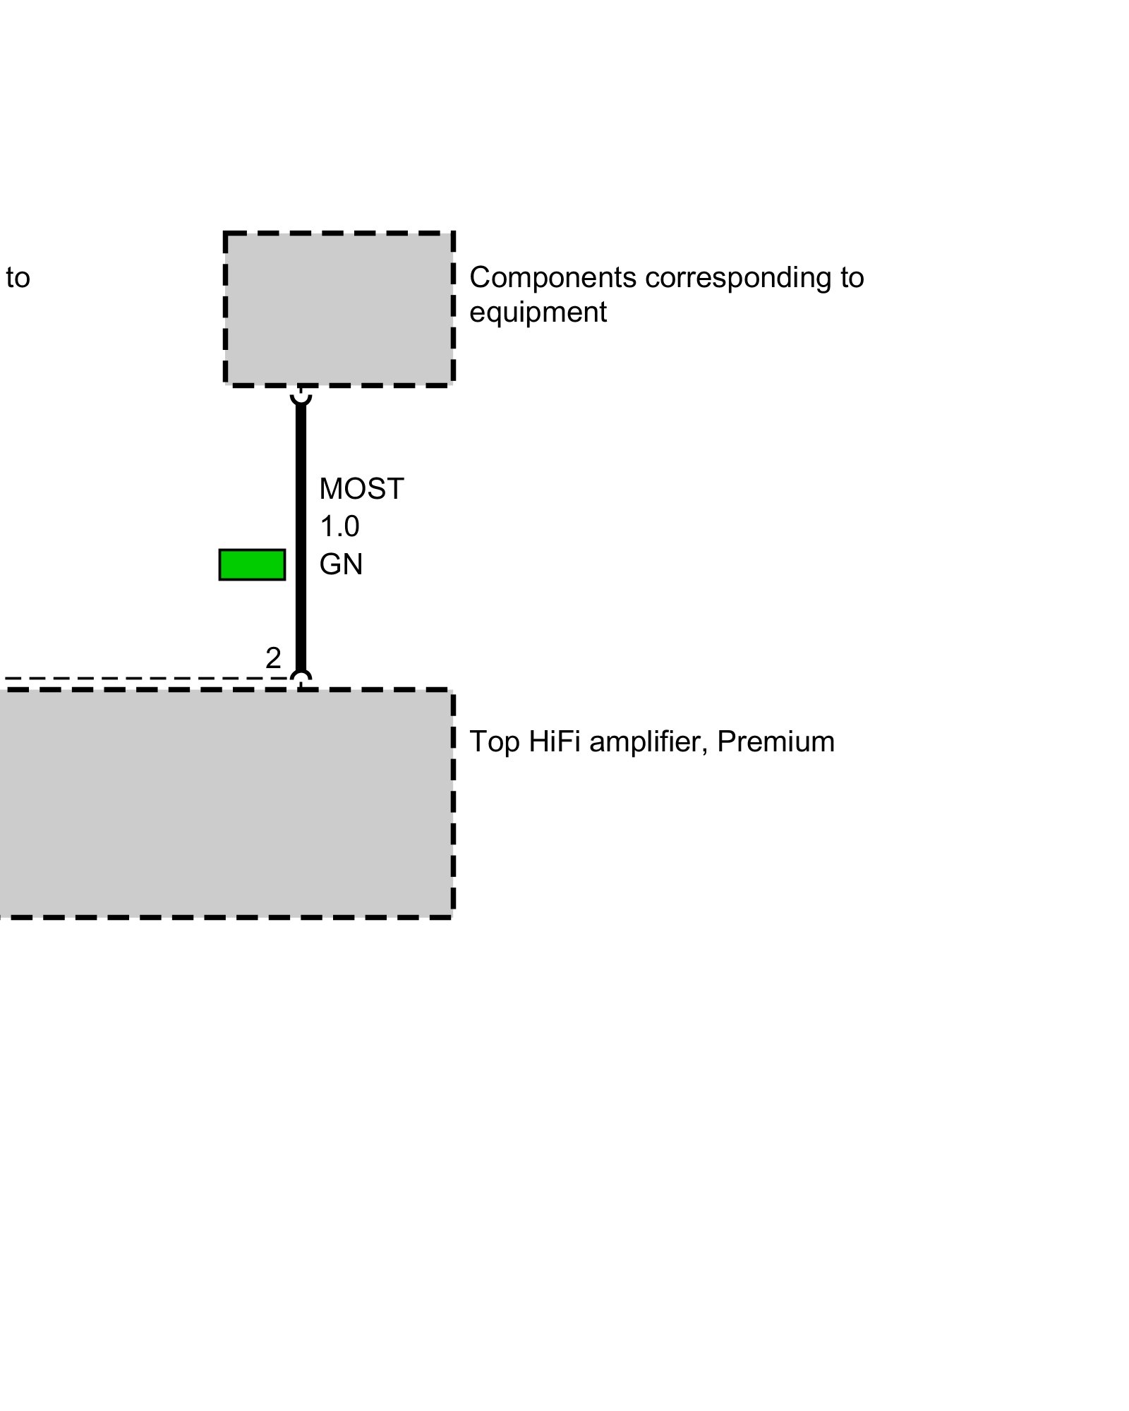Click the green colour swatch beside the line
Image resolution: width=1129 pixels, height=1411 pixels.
point(252,564)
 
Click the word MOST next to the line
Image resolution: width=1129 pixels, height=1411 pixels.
point(361,489)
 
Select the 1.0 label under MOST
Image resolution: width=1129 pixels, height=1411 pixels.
point(339,526)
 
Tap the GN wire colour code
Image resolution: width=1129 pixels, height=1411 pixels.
point(341,564)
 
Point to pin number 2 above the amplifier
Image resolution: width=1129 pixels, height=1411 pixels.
point(273,658)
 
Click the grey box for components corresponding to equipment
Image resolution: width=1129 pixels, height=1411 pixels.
point(339,309)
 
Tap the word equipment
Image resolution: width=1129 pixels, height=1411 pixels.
point(538,312)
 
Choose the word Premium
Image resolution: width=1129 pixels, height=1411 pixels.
point(775,741)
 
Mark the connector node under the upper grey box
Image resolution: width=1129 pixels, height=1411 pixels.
point(301,395)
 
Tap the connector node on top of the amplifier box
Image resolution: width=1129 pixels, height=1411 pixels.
point(301,681)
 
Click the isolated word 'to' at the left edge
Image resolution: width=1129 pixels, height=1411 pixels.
point(18,277)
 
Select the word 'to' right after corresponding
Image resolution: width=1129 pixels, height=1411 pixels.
point(852,277)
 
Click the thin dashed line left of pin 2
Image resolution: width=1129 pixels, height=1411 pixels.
point(141,679)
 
